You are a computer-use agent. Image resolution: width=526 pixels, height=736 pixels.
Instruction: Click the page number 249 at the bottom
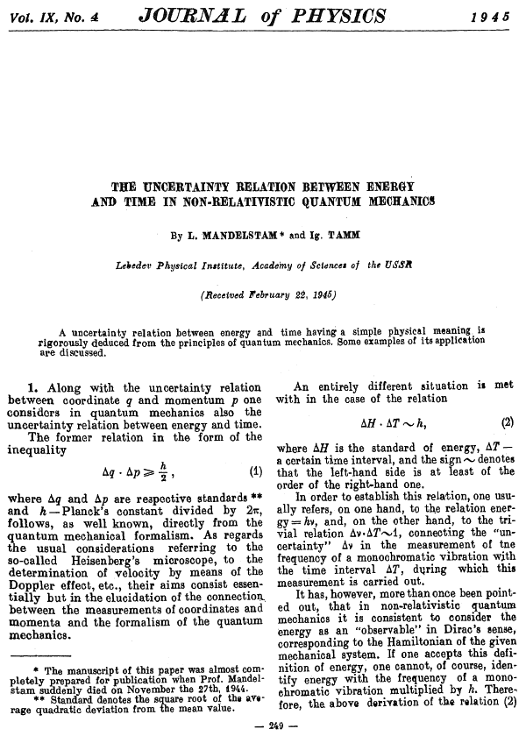point(263,726)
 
